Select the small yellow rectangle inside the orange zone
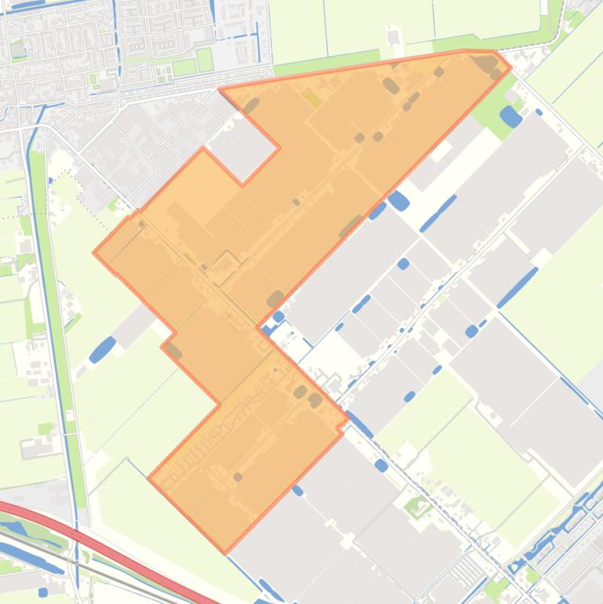click(x=311, y=97)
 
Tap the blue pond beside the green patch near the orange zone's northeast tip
click(x=510, y=117)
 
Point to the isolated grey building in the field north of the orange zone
click(x=393, y=36)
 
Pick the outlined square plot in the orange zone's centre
click(x=227, y=268)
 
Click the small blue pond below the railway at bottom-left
click(x=43, y=591)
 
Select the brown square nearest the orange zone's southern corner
click(x=238, y=476)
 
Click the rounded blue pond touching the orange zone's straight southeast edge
click(x=398, y=200)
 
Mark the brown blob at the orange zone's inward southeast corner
click(x=274, y=299)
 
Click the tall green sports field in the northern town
click(x=205, y=60)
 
